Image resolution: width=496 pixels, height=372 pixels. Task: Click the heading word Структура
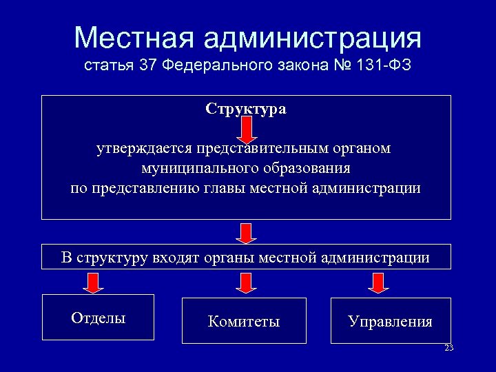[246, 109]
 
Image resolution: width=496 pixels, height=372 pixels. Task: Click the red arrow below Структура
[247, 127]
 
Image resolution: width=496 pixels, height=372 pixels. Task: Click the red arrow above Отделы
[94, 281]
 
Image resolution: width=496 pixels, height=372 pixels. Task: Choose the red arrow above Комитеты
[246, 282]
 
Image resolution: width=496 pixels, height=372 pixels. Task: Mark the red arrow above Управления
[376, 282]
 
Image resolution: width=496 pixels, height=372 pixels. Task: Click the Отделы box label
[98, 318]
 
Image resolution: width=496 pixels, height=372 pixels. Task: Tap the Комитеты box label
[244, 321]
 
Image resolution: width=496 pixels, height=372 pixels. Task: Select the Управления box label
[390, 322]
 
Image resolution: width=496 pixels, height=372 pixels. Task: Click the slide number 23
[449, 348]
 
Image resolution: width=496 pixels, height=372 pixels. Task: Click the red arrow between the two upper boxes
[246, 231]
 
